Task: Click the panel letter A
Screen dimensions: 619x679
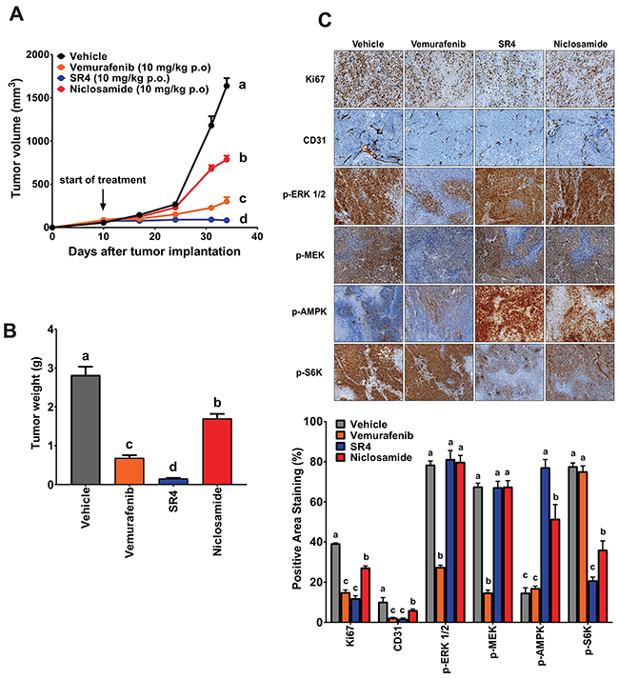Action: click(x=16, y=14)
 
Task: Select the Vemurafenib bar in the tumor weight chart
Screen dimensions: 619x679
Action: click(x=130, y=471)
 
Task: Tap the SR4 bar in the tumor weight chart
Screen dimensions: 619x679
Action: click(x=172, y=482)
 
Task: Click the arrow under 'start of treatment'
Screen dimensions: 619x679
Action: click(x=103, y=199)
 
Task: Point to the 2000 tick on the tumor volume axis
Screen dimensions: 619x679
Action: click(x=37, y=54)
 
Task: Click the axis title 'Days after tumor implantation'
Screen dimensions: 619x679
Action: click(x=154, y=251)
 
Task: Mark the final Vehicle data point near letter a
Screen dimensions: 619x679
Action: click(x=226, y=86)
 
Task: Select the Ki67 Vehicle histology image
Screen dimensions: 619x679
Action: click(x=369, y=79)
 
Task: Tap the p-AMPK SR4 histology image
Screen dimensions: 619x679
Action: click(x=509, y=313)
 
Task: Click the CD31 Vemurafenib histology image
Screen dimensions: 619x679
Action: click(x=439, y=137)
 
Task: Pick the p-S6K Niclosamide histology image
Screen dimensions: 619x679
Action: click(x=580, y=372)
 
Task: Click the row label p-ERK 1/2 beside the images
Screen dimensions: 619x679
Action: click(x=304, y=194)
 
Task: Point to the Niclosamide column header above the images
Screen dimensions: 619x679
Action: click(x=581, y=44)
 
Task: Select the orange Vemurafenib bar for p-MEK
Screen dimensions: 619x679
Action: click(x=488, y=608)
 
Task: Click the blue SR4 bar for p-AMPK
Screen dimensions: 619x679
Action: click(x=545, y=545)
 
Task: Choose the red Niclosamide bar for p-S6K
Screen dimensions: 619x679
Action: click(x=603, y=586)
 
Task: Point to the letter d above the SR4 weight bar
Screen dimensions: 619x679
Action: click(x=172, y=467)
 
